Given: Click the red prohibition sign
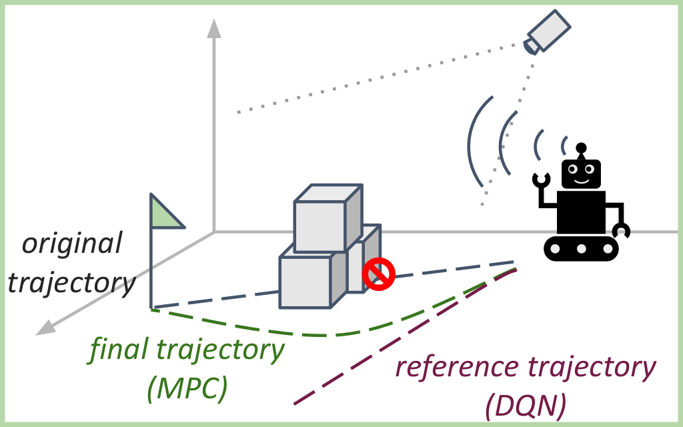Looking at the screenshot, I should coord(379,274).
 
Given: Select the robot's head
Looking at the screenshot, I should coord(582,174).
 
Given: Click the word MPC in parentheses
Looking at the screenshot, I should coord(187,388).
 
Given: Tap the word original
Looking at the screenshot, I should coord(72,244).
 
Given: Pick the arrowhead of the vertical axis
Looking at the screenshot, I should coord(213,28).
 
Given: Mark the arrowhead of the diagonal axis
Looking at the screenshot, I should coord(45,326).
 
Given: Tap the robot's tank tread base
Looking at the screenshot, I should coord(582,249).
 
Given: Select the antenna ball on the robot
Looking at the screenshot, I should coord(582,147).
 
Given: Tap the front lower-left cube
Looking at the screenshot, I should coord(305,282).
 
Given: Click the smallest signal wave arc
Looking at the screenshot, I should coord(564,145).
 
